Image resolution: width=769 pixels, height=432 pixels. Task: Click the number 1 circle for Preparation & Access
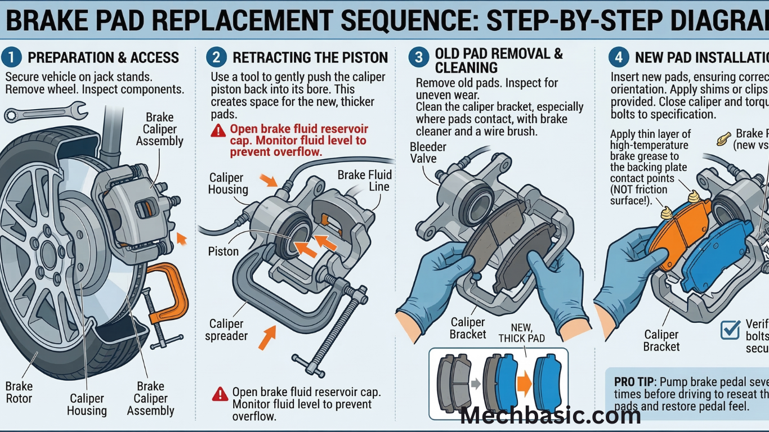tap(11, 57)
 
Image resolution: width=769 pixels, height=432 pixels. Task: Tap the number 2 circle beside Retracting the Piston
tap(216, 57)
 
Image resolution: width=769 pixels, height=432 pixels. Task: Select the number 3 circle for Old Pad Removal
tap(418, 57)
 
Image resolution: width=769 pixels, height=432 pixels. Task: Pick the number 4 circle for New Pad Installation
tap(619, 57)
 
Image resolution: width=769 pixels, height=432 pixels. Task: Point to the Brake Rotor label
tap(19, 393)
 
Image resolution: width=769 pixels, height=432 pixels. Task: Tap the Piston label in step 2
tap(223, 251)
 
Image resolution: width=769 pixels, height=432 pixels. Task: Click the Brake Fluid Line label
tap(364, 181)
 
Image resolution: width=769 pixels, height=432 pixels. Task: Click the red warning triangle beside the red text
tap(218, 131)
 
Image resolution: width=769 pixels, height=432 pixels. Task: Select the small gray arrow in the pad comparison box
tap(476, 384)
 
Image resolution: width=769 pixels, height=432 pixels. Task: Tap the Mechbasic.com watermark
tap(550, 416)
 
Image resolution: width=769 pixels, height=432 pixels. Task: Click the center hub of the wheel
tap(46, 248)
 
